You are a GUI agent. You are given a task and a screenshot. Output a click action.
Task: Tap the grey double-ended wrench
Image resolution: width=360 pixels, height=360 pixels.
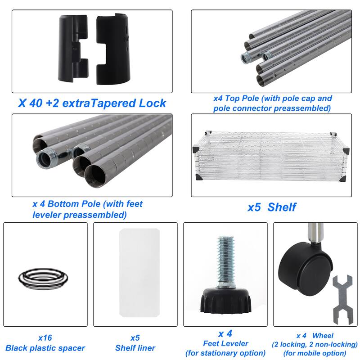point(342,300)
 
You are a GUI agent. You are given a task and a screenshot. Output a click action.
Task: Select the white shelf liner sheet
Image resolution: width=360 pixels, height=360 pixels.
point(139,273)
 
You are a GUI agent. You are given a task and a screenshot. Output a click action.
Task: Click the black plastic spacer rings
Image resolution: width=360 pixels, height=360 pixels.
point(43,279)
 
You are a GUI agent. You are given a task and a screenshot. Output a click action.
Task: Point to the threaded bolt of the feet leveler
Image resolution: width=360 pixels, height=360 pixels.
point(226,261)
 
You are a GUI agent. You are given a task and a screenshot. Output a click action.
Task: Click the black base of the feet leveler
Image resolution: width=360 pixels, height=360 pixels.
point(226,300)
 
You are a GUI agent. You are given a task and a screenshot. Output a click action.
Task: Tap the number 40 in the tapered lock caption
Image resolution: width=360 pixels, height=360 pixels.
point(36,103)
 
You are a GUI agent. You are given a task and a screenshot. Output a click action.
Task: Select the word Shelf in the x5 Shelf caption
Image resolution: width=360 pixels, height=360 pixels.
point(282,207)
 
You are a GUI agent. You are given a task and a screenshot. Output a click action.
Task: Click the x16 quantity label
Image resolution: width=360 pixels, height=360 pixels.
point(45,338)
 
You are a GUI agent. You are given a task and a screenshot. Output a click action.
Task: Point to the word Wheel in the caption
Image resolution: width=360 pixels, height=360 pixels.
point(323,336)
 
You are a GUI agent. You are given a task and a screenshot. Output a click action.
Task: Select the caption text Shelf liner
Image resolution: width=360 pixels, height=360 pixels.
point(135,348)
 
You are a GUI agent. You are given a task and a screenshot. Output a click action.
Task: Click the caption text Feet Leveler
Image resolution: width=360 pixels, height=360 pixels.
point(226,343)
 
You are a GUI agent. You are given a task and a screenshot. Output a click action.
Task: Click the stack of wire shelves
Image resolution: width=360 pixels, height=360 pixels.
point(271,156)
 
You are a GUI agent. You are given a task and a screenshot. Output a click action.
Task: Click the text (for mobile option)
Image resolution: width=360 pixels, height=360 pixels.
point(315,353)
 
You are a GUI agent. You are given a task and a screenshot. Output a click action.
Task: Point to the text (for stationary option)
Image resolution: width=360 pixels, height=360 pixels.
point(225,353)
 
